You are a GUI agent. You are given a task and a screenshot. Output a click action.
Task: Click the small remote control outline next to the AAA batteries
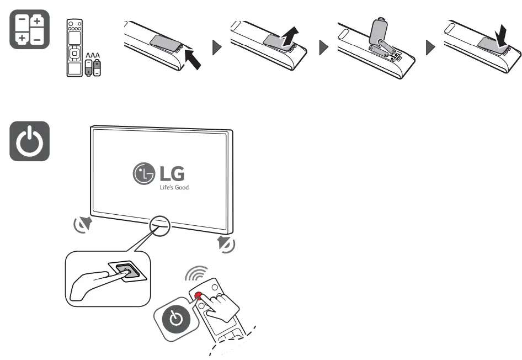[x=73, y=49]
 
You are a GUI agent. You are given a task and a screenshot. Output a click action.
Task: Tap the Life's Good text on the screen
[x=174, y=187]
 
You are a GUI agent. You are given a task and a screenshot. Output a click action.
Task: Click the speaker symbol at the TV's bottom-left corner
[x=83, y=224]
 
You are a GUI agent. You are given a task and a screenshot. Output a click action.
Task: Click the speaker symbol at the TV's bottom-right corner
[x=225, y=243]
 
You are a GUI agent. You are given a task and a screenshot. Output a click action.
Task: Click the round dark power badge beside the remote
[x=175, y=319]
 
